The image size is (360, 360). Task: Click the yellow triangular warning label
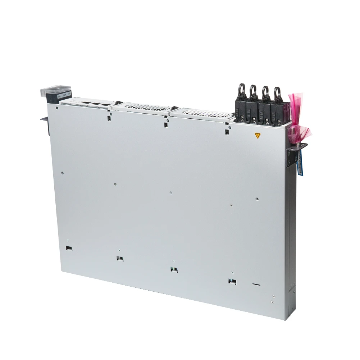pyautogui.click(x=257, y=136)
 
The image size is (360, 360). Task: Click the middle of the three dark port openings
pyautogui.click(x=96, y=104)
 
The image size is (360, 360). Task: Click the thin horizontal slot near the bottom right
pyautogui.click(x=256, y=284)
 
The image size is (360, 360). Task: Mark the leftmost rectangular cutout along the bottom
pyautogui.click(x=68, y=248)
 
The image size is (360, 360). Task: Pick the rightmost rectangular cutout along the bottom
pyautogui.click(x=232, y=282)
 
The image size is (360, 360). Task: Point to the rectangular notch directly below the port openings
pyautogui.click(x=108, y=117)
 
